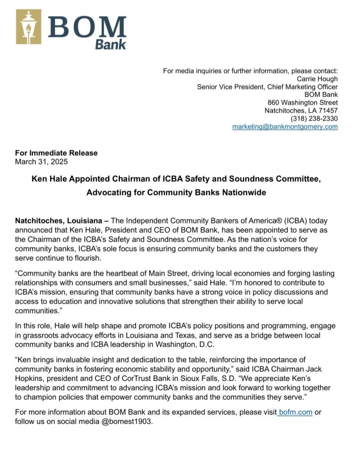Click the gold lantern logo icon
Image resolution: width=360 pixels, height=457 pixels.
point(29,27)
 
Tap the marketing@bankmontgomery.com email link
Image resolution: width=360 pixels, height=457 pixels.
point(285,127)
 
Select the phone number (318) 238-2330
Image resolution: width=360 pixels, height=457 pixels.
point(314,119)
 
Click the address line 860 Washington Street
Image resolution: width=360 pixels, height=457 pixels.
point(306,103)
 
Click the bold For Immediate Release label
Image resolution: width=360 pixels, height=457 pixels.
point(56,153)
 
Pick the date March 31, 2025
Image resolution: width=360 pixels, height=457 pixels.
point(41,161)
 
